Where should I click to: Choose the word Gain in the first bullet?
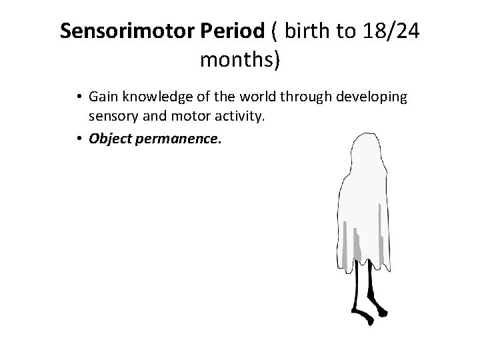click(102, 97)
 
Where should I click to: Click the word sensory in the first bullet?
click(111, 117)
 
